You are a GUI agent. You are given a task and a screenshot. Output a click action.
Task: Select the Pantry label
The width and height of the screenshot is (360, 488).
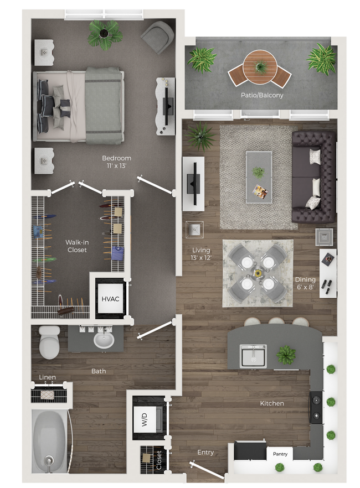click(280, 454)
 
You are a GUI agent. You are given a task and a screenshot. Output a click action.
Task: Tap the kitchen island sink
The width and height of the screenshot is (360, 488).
click(253, 356)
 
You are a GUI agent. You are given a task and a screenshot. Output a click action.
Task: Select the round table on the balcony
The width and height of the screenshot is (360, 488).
click(260, 64)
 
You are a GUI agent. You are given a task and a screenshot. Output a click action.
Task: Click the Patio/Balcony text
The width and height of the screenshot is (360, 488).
click(261, 95)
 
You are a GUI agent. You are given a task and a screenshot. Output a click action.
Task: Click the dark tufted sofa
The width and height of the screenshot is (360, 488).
click(312, 176)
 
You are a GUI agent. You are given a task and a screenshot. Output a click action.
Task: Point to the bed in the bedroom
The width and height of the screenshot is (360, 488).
click(78, 105)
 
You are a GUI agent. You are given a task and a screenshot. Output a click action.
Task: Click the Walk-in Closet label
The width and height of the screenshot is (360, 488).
click(77, 246)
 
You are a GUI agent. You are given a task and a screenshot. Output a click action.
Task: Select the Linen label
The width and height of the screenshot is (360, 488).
click(48, 377)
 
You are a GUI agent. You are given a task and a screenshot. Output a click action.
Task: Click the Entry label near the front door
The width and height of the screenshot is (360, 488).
click(205, 452)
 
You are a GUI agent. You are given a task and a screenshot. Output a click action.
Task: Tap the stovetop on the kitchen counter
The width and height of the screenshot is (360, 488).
click(316, 406)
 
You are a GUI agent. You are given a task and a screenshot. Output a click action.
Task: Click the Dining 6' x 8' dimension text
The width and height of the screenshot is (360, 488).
click(305, 283)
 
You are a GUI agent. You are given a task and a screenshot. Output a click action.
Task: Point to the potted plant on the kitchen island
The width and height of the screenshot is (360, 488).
click(286, 354)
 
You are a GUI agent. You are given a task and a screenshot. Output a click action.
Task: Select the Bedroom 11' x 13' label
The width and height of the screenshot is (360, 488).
click(120, 162)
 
